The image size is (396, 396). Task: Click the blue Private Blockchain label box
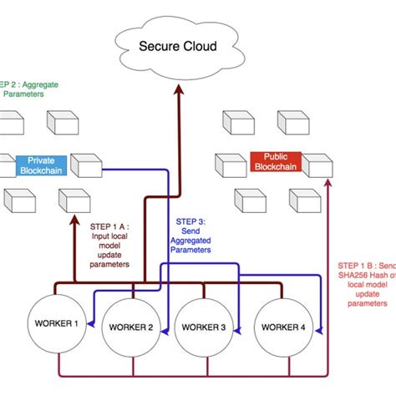[42, 165]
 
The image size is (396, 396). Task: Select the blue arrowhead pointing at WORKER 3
[237, 333]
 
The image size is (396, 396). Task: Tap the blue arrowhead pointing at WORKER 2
[165, 333]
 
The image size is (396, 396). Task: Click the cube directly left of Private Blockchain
[6, 164]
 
